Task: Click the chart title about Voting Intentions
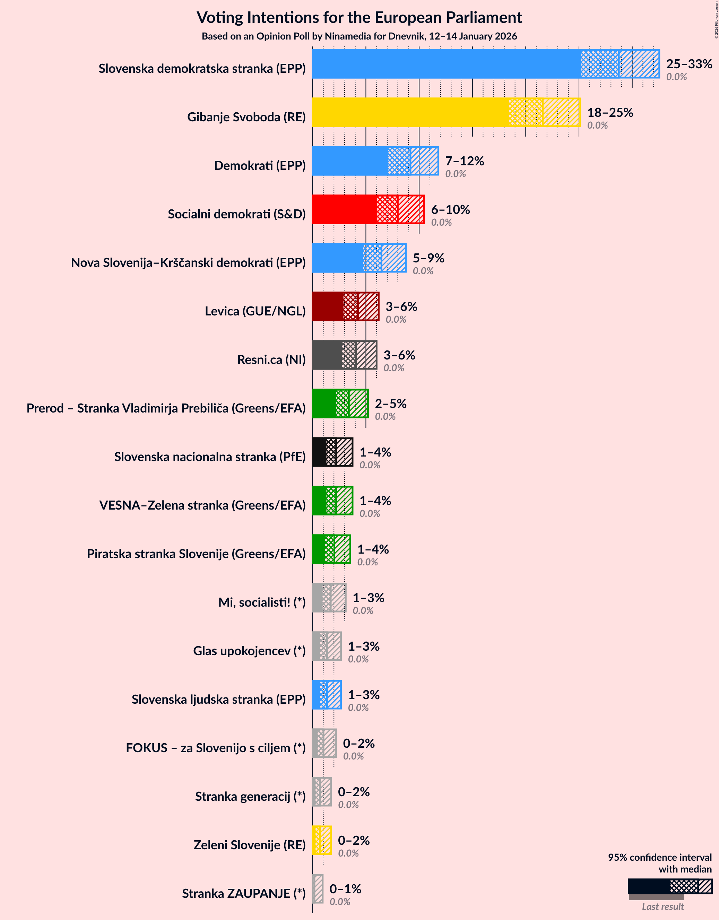tap(359, 18)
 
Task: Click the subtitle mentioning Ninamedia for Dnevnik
tap(359, 36)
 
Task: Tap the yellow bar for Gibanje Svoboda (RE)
tap(445, 112)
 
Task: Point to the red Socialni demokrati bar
tap(368, 209)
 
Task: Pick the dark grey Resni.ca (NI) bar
tap(344, 355)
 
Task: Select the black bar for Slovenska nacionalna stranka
tap(332, 452)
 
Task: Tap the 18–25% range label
tap(610, 112)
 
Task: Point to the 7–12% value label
tap(464, 161)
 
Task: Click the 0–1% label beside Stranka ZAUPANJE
tap(345, 889)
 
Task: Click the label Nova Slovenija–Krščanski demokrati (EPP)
tap(188, 263)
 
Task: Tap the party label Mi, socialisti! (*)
tap(262, 602)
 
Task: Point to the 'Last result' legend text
tap(662, 906)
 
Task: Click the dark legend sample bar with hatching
tap(669, 886)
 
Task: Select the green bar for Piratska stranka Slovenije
tap(331, 549)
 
